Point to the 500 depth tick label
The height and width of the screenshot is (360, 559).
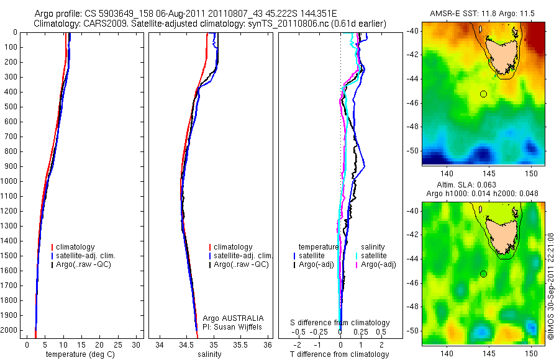click(11, 107)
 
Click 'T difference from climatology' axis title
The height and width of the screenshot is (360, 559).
click(339, 354)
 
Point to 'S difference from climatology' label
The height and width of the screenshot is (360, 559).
click(340, 323)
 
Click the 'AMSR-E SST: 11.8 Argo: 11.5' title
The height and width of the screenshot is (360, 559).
click(483, 14)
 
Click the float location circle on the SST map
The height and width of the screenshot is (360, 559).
click(483, 94)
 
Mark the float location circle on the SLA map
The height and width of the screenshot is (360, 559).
click(483, 274)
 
